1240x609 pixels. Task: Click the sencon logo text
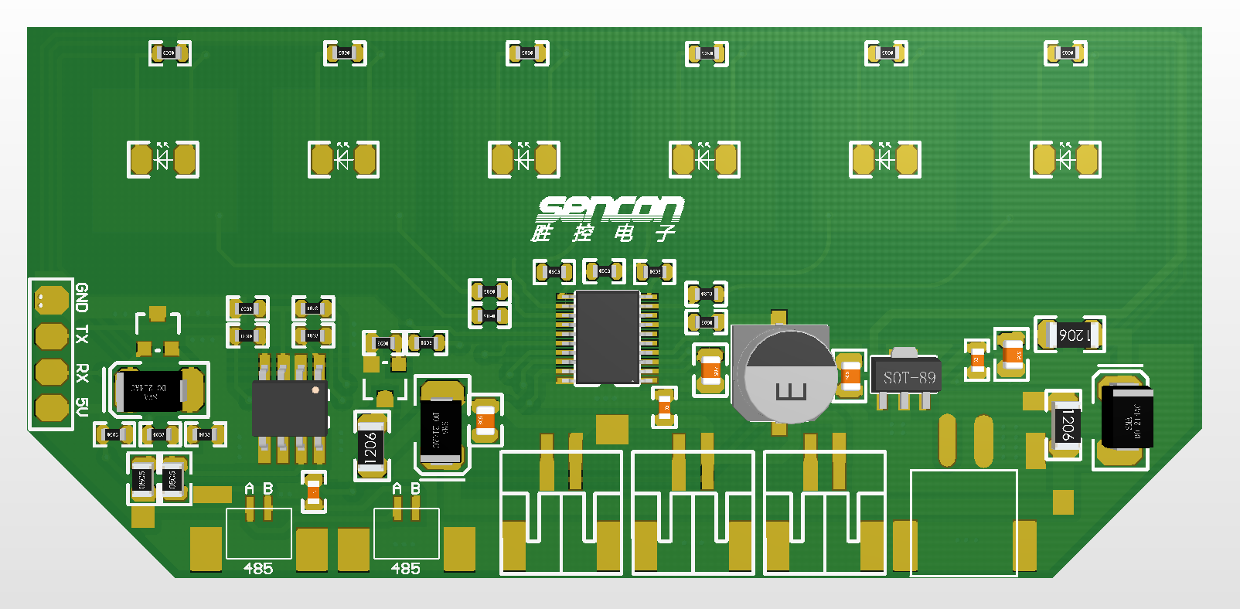(610, 208)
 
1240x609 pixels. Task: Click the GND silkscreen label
(82, 297)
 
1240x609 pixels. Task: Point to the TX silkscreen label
(82, 335)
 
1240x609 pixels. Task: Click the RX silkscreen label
(82, 373)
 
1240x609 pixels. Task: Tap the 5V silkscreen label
(82, 407)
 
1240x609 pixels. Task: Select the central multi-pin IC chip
(608, 337)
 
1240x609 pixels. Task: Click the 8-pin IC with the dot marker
(290, 407)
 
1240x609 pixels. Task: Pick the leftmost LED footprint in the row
(163, 159)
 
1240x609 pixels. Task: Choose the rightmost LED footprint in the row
(1065, 159)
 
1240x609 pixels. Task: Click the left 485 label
(258, 569)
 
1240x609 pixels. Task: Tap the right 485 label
(406, 569)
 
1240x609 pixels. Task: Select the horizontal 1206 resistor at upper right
(1070, 335)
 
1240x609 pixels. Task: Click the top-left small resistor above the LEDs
(169, 53)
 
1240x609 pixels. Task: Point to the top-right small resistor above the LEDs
(1065, 53)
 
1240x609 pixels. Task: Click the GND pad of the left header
(51, 300)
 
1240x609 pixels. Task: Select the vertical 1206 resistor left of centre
(371, 445)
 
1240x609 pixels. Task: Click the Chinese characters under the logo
(603, 233)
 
